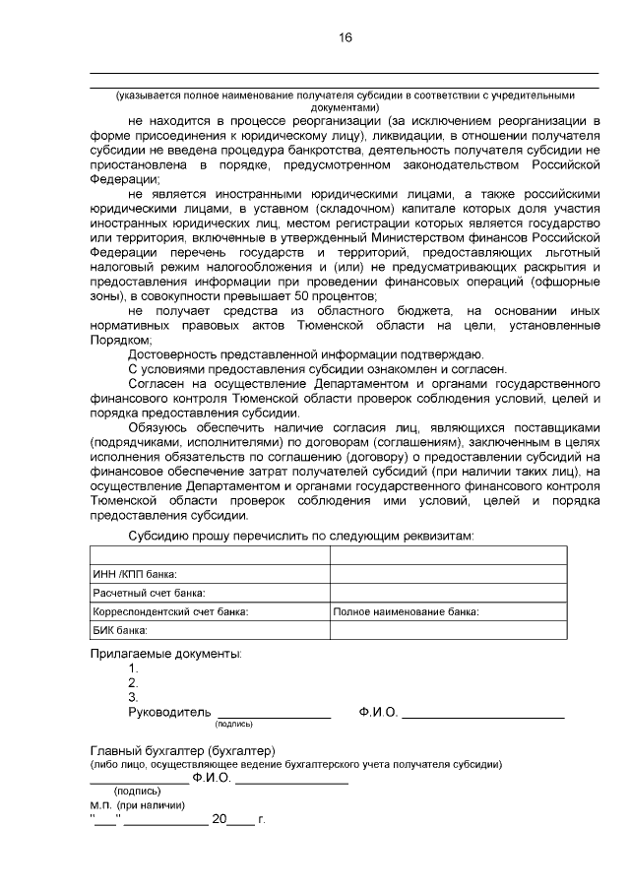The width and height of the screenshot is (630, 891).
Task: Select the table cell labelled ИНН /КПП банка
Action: point(135,574)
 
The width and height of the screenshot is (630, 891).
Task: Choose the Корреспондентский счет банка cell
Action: point(169,611)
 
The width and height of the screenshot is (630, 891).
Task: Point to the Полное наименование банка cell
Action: point(406,611)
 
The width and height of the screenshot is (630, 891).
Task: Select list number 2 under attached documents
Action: point(133,682)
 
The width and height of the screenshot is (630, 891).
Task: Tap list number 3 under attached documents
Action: point(133,697)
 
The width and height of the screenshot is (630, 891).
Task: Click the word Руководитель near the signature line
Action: point(169,711)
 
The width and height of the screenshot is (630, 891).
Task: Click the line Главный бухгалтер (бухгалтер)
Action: point(182,749)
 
